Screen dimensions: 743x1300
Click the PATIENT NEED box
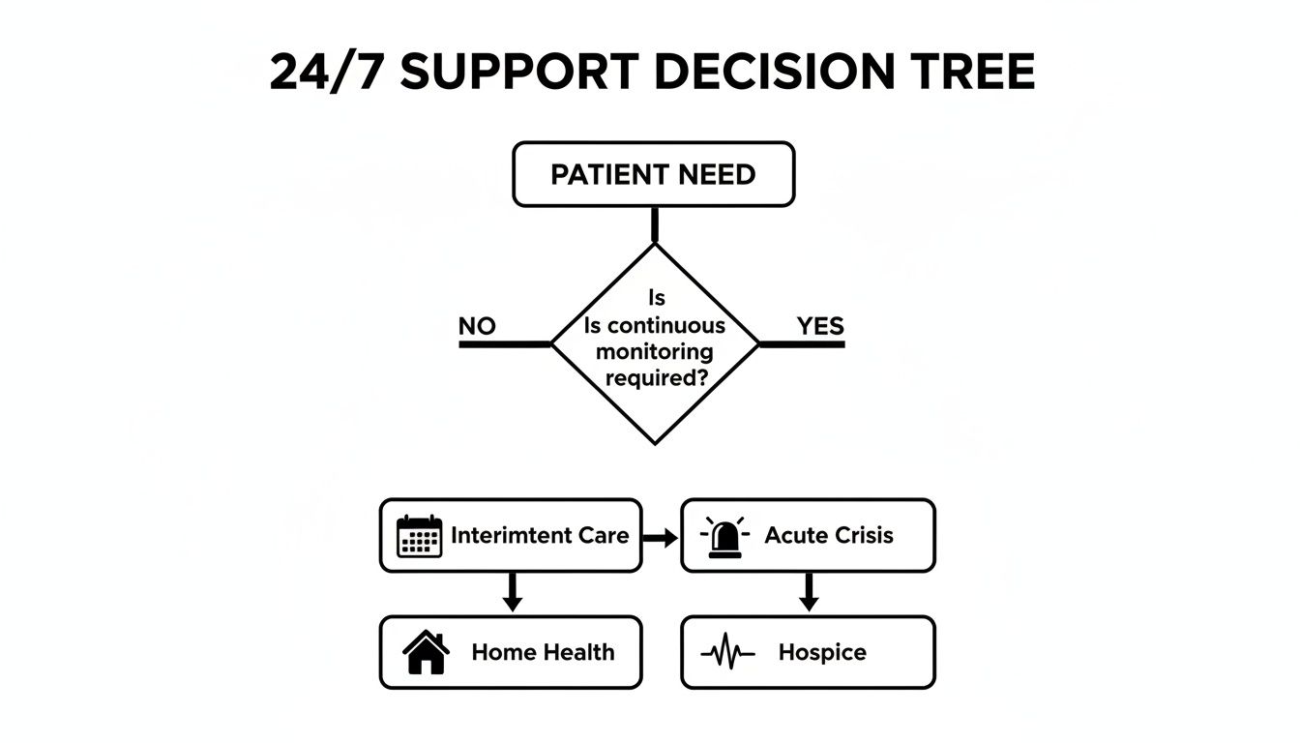pyautogui.click(x=653, y=175)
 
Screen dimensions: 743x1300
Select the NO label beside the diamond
pyautogui.click(x=477, y=326)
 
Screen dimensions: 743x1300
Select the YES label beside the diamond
pyautogui.click(x=820, y=326)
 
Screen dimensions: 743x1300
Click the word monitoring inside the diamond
pyautogui.click(x=655, y=351)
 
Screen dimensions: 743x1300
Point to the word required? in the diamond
pyautogui.click(x=655, y=377)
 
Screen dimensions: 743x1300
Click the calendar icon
pyautogui.click(x=419, y=536)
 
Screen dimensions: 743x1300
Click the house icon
pyautogui.click(x=426, y=653)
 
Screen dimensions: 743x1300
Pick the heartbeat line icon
pyautogui.click(x=727, y=654)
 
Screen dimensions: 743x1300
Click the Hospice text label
pyautogui.click(x=821, y=653)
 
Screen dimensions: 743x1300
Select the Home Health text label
pyautogui.click(x=543, y=653)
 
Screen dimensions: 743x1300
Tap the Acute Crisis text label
pyautogui.click(x=829, y=535)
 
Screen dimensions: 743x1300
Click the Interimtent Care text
pyautogui.click(x=540, y=535)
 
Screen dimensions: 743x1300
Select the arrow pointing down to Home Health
pyautogui.click(x=513, y=592)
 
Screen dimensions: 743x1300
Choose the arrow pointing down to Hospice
pyautogui.click(x=809, y=592)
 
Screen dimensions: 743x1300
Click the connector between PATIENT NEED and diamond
pyautogui.click(x=655, y=224)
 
